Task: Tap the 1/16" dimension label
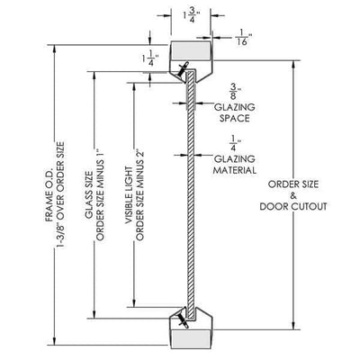tap(242, 37)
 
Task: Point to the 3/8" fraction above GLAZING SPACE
tap(234, 91)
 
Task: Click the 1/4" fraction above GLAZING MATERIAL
tap(234, 143)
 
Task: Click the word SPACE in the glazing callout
tap(234, 118)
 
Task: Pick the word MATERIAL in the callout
tap(235, 170)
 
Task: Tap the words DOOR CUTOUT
tap(293, 207)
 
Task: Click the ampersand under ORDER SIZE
tap(293, 195)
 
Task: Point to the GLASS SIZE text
tap(89, 195)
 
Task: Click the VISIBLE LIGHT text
tap(129, 195)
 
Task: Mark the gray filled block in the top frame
tap(191, 50)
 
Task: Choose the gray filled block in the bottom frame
tap(191, 339)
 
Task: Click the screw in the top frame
tap(183, 68)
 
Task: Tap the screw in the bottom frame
tap(183, 320)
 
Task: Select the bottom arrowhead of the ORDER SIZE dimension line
tap(293, 326)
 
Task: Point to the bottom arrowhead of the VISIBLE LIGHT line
tap(134, 302)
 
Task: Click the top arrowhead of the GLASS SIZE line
tap(94, 76)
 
